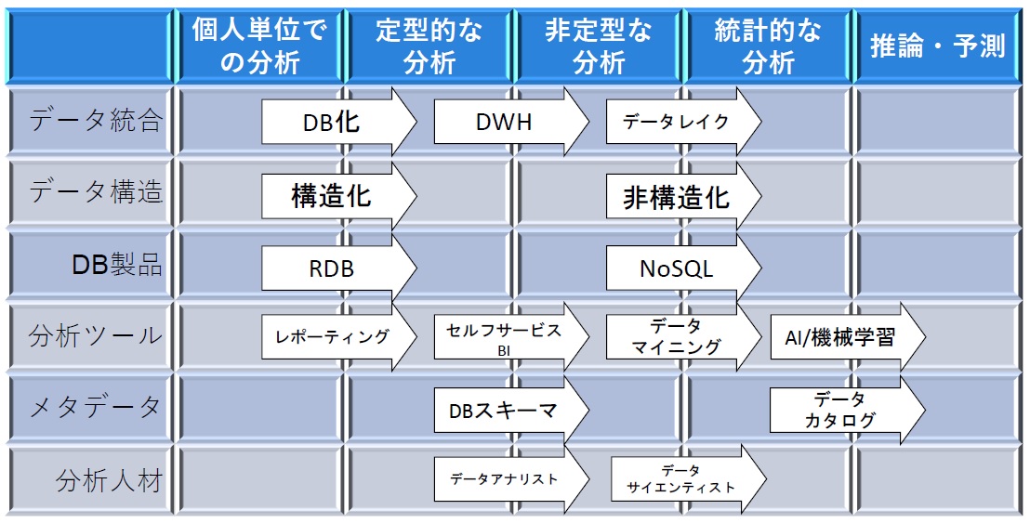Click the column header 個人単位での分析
click(259, 46)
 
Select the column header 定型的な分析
click(429, 46)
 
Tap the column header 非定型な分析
click(599, 46)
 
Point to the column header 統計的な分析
click(768, 46)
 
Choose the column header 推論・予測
click(938, 46)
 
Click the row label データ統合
click(95, 121)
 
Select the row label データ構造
click(95, 192)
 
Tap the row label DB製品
click(117, 265)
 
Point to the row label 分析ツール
click(95, 336)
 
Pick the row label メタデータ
click(95, 408)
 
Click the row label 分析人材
click(109, 481)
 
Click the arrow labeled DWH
click(511, 122)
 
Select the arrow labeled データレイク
click(684, 122)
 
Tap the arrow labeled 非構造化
click(684, 196)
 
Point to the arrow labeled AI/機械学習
click(848, 337)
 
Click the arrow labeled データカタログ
click(848, 410)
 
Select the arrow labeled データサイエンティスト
click(689, 479)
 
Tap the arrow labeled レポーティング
click(339, 337)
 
